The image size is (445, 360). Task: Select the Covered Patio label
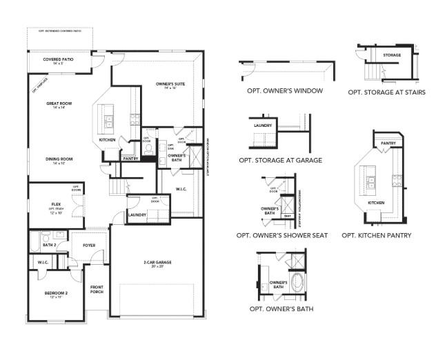click(x=59, y=60)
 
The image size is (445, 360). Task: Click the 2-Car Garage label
click(x=158, y=263)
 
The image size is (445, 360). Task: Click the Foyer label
click(x=89, y=245)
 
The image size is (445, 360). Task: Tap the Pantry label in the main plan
click(x=130, y=159)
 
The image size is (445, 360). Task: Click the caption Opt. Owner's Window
click(x=285, y=91)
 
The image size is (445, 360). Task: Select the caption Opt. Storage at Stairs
click(x=386, y=92)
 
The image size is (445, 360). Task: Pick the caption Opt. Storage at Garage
click(x=280, y=160)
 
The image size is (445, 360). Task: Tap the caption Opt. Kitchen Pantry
click(x=377, y=235)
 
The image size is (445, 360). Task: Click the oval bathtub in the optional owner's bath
click(x=297, y=283)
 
